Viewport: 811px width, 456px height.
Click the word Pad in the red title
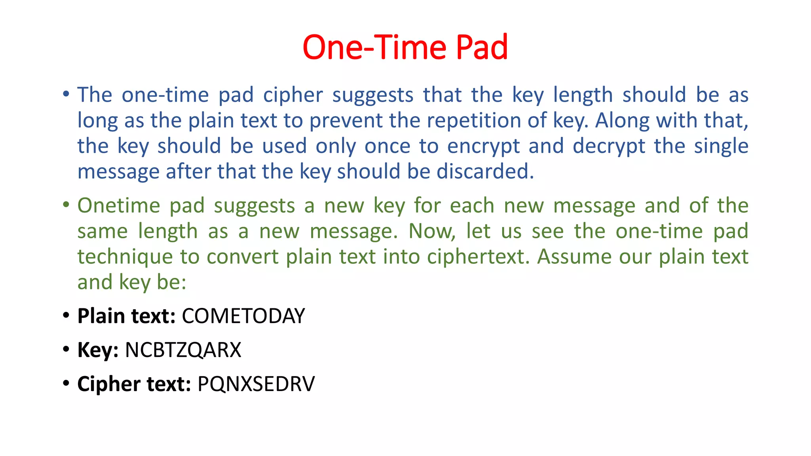(x=482, y=47)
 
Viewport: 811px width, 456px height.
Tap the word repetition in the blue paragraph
(x=455, y=120)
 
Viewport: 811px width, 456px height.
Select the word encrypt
(x=483, y=146)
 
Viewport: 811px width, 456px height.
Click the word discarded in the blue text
(x=485, y=171)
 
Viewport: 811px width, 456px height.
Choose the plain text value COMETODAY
(x=243, y=316)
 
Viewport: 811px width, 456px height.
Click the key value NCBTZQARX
(x=183, y=350)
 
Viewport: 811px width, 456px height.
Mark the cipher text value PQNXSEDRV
(x=256, y=384)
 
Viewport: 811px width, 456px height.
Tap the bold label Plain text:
(x=126, y=316)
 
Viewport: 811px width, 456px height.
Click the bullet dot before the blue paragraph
(x=66, y=94)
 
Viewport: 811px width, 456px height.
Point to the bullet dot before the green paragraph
(x=66, y=205)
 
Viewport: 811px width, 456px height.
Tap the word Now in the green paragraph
(x=431, y=231)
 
